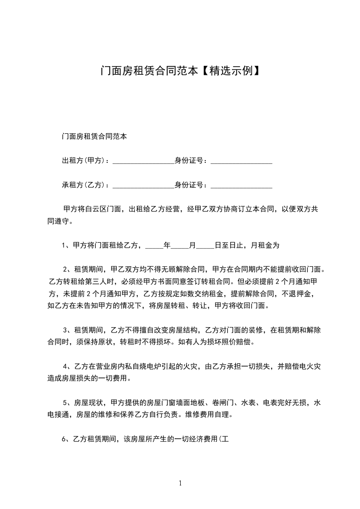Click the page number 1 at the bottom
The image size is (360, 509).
pyautogui.click(x=180, y=483)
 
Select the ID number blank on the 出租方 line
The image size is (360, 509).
pyautogui.click(x=242, y=162)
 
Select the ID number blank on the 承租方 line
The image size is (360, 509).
pyautogui.click(x=242, y=187)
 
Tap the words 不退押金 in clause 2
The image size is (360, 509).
pyautogui.click(x=297, y=294)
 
